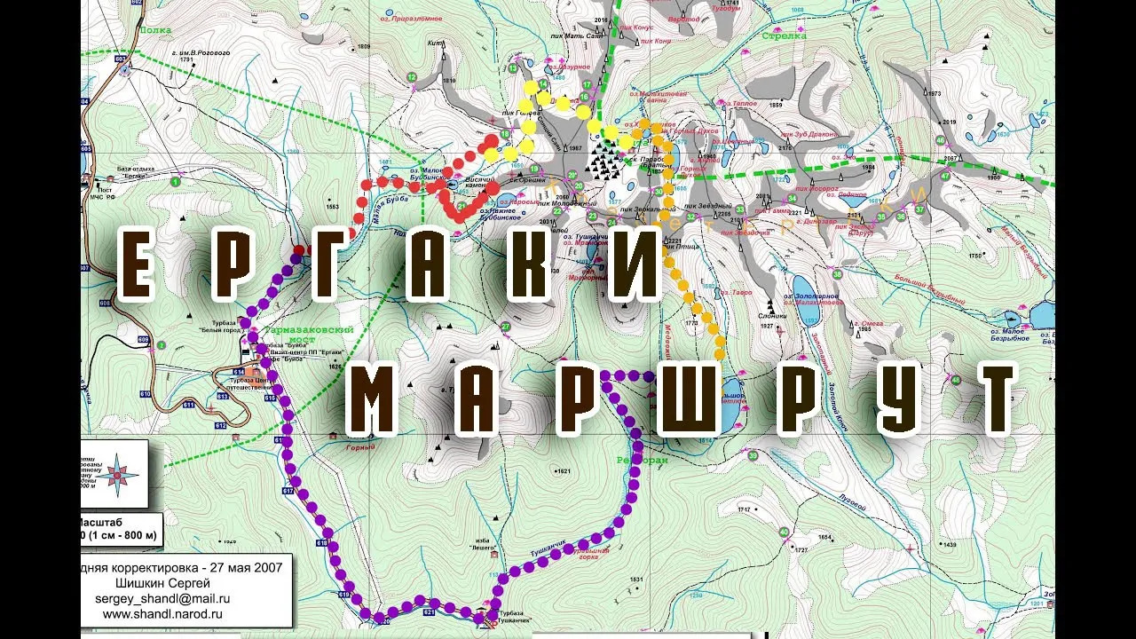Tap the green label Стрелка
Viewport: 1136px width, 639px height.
[784, 36]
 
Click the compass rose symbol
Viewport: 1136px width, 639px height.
[117, 474]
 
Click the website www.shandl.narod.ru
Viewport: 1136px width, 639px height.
[162, 613]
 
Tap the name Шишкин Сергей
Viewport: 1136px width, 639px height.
[163, 583]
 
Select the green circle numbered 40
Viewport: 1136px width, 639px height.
[784, 532]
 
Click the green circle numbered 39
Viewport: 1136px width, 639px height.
[753, 455]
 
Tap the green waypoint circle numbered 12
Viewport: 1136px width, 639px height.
[412, 78]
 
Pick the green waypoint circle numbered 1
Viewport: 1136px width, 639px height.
[176, 182]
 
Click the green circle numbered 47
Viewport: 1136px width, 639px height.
[945, 176]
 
